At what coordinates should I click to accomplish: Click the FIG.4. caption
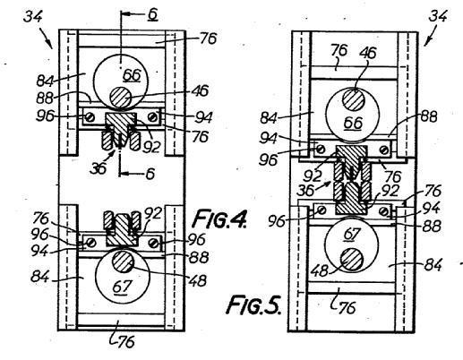pos(220,219)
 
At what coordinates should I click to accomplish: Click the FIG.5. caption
pos(253,304)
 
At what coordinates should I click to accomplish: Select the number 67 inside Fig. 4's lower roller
pos(122,287)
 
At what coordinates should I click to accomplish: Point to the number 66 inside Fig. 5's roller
pos(353,123)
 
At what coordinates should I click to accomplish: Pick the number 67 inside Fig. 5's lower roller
pos(351,234)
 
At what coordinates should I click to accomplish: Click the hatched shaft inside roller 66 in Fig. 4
pos(121,98)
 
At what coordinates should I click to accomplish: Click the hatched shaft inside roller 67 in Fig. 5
pos(352,260)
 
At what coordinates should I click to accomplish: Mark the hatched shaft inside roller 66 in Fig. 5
pos(354,99)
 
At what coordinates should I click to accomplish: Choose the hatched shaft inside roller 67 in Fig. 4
pos(123,261)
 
